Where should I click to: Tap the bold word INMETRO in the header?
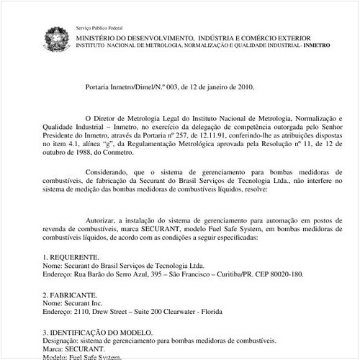[318, 45]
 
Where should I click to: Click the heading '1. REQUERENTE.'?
[71, 256]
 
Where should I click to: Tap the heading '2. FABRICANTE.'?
[70, 295]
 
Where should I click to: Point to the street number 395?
[150, 274]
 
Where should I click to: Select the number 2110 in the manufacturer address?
[84, 312]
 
